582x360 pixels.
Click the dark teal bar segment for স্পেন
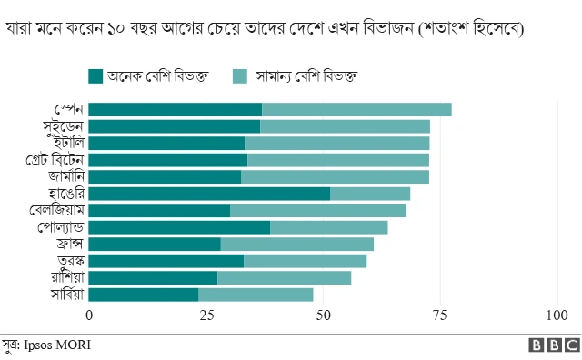[x=176, y=110]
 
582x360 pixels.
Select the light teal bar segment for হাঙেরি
[x=370, y=194]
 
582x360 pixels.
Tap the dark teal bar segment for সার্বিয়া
[x=144, y=295]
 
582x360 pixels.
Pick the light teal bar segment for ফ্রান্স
[x=296, y=244]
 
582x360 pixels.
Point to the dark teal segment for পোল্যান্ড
[x=179, y=227]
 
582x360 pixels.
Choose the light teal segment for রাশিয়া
[x=284, y=277]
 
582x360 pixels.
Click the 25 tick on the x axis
[x=206, y=315]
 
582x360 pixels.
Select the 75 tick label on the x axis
[x=440, y=315]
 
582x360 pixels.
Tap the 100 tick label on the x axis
[x=556, y=315]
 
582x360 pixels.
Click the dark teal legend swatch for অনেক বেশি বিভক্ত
[x=95, y=75]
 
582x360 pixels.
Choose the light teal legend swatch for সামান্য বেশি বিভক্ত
[x=240, y=75]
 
